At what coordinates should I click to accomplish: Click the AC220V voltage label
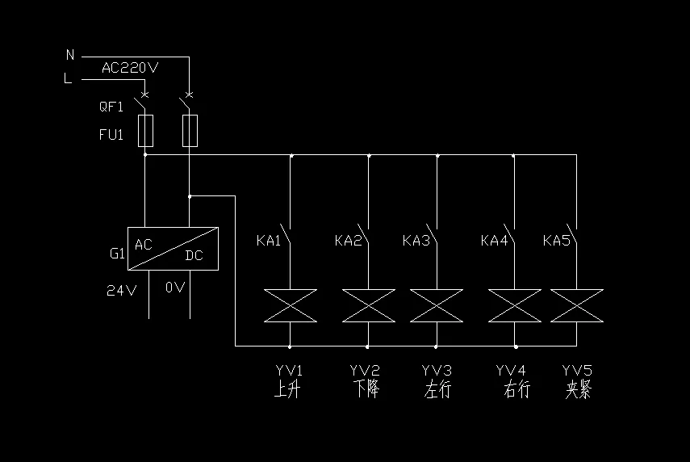pos(129,68)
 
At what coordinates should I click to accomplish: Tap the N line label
pos(70,55)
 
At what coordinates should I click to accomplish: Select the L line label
pos(69,78)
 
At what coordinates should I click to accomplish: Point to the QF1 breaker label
pos(111,107)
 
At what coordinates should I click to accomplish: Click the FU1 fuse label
pos(111,135)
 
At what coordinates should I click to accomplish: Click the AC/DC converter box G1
pos(173,249)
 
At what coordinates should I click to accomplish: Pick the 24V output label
pos(122,290)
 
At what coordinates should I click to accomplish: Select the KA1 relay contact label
pos(269,241)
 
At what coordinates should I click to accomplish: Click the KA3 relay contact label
pos(416,241)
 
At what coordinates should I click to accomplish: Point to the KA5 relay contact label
pos(556,241)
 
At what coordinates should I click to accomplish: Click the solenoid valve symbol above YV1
pos(290,305)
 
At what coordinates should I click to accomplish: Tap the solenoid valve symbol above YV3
pos(437,305)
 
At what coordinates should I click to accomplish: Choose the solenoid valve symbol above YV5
pos(576,305)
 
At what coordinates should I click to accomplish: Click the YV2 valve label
pos(365,371)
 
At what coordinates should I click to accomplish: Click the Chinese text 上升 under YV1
pos(288,390)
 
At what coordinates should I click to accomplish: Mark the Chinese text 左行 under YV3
pos(437,390)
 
